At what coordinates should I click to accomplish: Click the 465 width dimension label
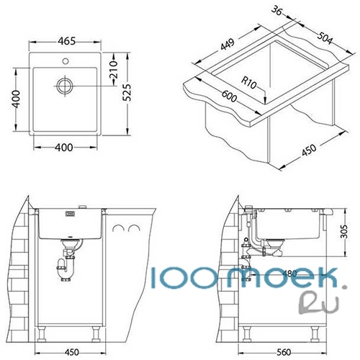[67, 41]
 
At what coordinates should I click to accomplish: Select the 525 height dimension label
[127, 93]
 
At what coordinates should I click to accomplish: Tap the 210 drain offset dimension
[113, 70]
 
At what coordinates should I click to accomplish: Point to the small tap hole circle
[66, 61]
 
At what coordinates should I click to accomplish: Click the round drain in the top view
[65, 86]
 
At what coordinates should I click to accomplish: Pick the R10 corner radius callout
[249, 82]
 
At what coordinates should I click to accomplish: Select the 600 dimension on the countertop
[229, 96]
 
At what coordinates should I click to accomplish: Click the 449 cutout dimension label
[228, 45]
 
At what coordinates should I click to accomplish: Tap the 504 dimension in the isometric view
[325, 38]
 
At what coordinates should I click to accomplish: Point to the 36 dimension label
[277, 12]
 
